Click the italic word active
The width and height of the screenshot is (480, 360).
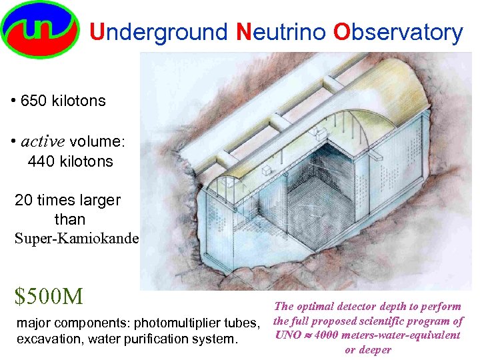(42, 141)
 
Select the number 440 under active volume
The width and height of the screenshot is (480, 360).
(41, 161)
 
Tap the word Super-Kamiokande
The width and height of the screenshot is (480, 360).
(77, 238)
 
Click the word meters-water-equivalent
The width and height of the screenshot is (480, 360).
(403, 335)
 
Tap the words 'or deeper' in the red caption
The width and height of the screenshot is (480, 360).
(367, 350)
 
